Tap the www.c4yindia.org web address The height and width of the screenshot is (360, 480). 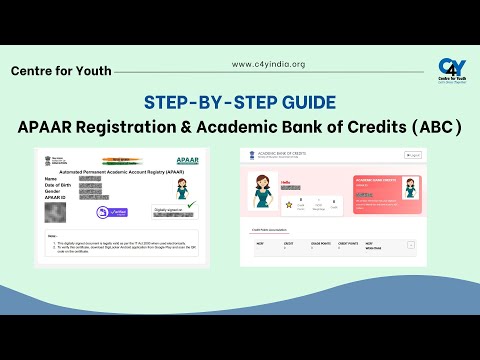pos(268,64)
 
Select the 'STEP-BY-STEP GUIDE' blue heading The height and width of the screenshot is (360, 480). pos(239,101)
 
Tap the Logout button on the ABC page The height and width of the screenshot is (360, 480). pos(413,156)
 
